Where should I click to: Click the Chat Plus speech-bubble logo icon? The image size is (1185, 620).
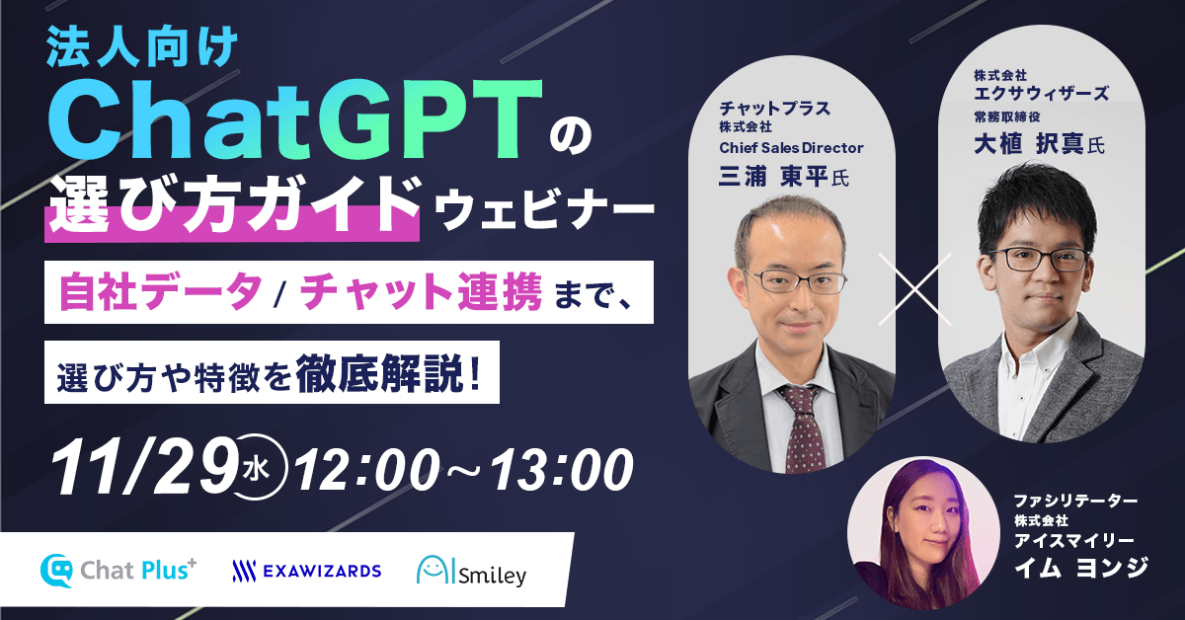pyautogui.click(x=55, y=571)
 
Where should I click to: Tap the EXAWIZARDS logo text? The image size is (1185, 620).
pyautogui.click(x=306, y=571)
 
